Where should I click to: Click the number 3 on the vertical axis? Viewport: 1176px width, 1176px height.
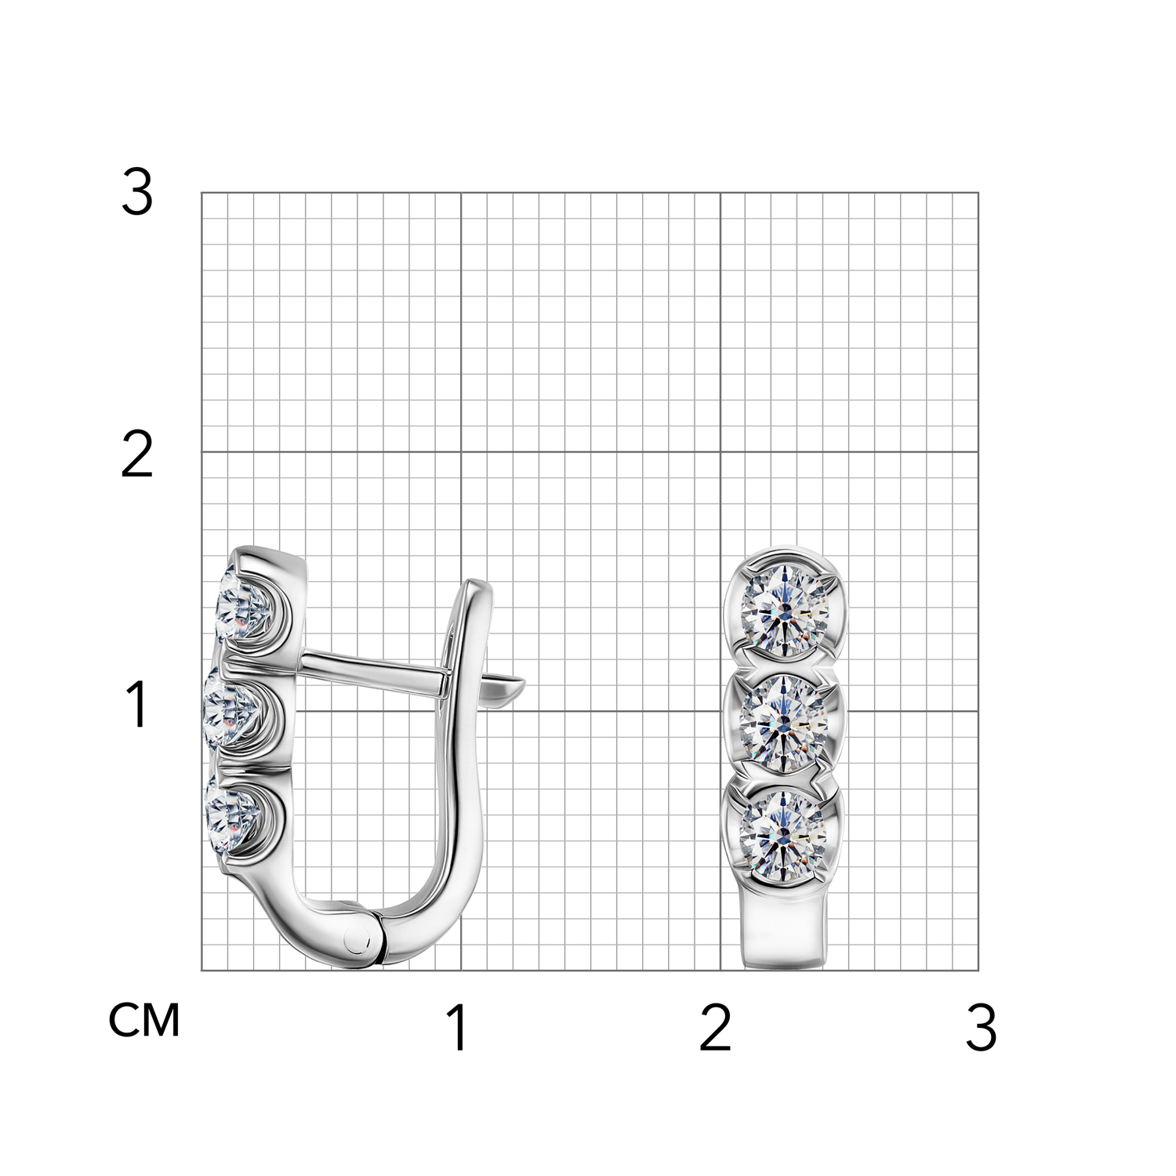coord(137,193)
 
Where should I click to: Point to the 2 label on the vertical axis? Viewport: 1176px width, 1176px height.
coord(137,454)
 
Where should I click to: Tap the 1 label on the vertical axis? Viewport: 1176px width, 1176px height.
coord(138,703)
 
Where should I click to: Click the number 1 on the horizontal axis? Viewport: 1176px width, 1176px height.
coord(458,1027)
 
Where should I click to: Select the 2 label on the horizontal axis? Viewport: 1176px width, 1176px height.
coord(715,1027)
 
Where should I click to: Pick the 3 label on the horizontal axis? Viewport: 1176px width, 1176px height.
coord(982,1027)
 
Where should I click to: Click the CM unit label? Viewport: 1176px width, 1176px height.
coord(144,1020)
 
